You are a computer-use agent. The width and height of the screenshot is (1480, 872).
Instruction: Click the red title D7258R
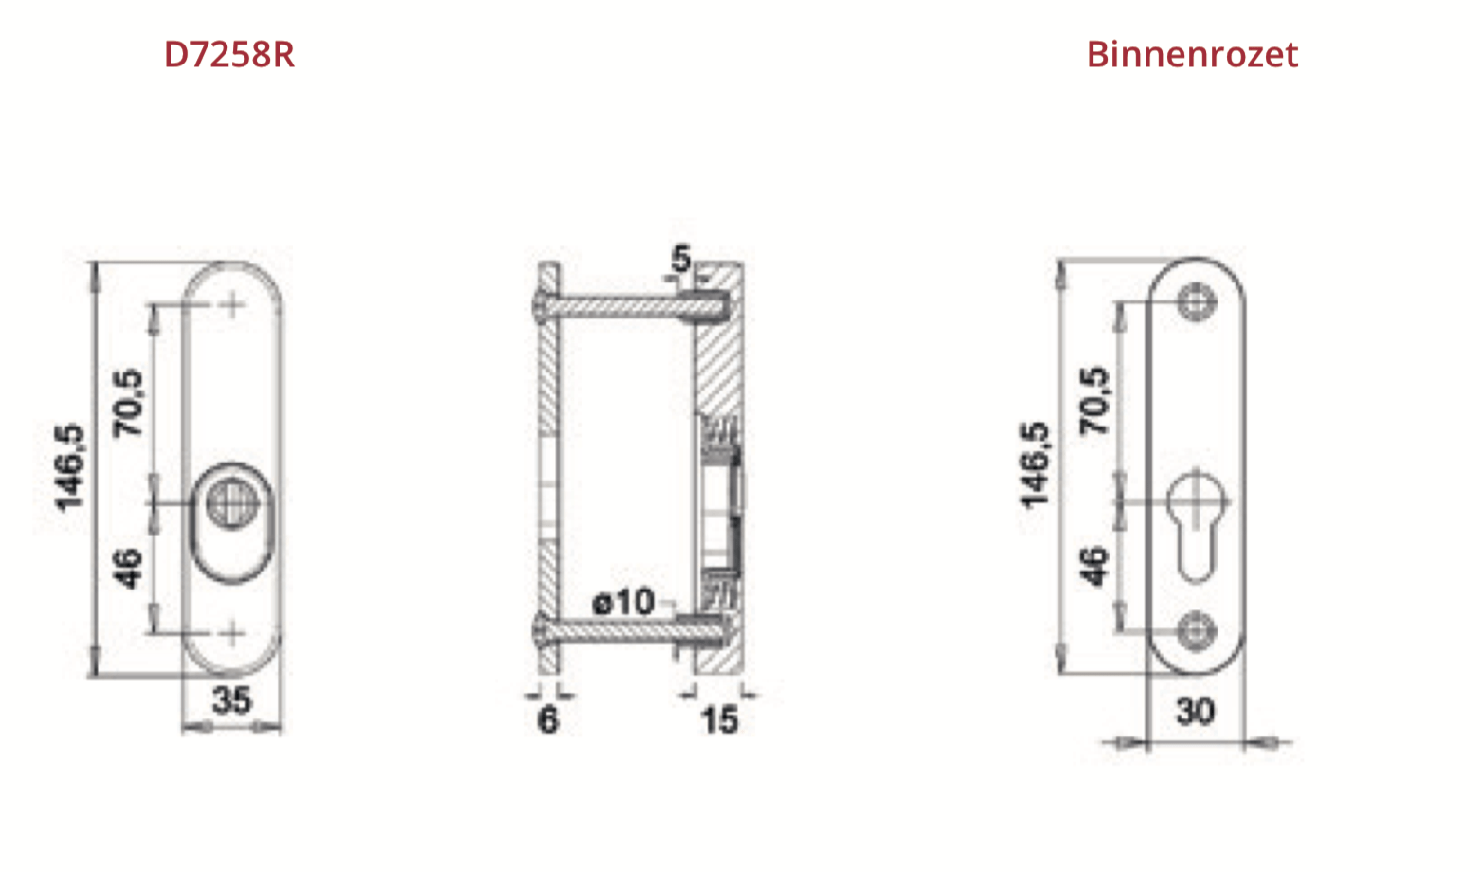pyautogui.click(x=228, y=54)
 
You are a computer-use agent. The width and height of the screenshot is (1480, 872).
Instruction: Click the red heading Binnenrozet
pyautogui.click(x=1192, y=54)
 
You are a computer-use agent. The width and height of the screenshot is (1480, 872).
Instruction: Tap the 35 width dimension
pyautogui.click(x=232, y=700)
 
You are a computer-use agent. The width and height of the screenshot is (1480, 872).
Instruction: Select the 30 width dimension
pyautogui.click(x=1195, y=712)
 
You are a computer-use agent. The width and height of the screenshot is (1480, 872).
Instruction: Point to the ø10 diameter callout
pyautogui.click(x=623, y=602)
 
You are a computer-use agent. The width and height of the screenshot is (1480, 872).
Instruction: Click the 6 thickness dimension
pyautogui.click(x=549, y=720)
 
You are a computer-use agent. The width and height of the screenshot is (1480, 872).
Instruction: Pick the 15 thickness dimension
pyautogui.click(x=719, y=720)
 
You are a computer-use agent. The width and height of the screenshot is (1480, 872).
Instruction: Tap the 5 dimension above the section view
pyautogui.click(x=680, y=259)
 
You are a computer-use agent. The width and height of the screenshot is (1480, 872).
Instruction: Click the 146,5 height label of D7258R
pyautogui.click(x=70, y=467)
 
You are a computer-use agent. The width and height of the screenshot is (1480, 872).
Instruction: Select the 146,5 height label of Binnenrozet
pyautogui.click(x=1035, y=464)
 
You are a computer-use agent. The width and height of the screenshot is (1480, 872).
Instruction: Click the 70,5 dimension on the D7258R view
pyautogui.click(x=128, y=403)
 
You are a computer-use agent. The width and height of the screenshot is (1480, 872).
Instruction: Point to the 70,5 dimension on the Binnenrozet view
pyautogui.click(x=1094, y=401)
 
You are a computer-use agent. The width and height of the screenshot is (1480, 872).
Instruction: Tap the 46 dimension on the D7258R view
pyautogui.click(x=128, y=568)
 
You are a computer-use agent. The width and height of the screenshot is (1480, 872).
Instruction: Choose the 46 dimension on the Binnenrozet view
pyautogui.click(x=1094, y=566)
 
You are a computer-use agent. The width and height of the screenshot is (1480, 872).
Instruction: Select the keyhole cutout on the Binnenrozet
pyautogui.click(x=1197, y=527)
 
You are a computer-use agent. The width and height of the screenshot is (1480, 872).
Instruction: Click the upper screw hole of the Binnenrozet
pyautogui.click(x=1197, y=302)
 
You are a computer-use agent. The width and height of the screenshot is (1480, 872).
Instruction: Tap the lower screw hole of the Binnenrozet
pyautogui.click(x=1197, y=630)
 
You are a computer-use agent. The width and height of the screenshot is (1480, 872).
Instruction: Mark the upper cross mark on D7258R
pyautogui.click(x=232, y=305)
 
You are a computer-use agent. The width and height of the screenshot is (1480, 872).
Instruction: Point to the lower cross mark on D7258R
pyautogui.click(x=232, y=633)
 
